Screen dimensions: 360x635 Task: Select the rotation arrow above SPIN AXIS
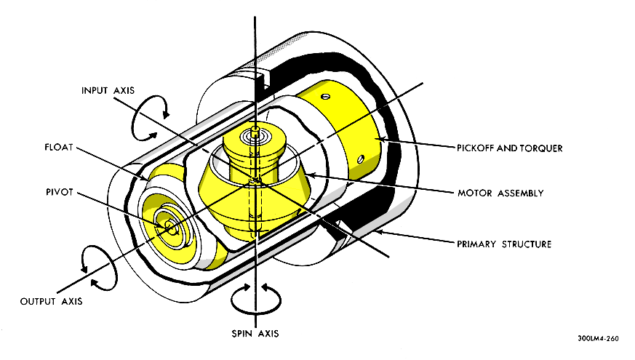(255, 297)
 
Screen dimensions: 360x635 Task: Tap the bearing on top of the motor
(255, 133)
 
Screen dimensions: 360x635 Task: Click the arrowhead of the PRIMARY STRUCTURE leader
(379, 233)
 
